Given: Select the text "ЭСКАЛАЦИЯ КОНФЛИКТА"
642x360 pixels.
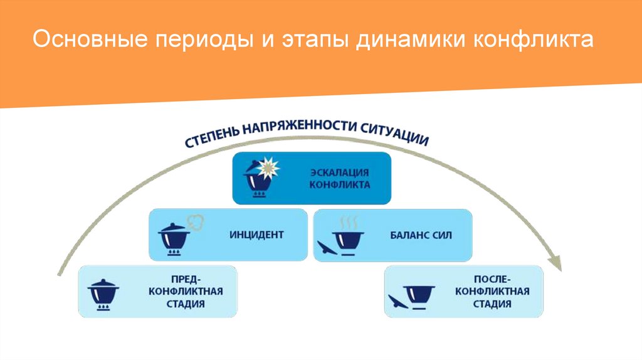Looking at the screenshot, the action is tap(340, 178).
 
